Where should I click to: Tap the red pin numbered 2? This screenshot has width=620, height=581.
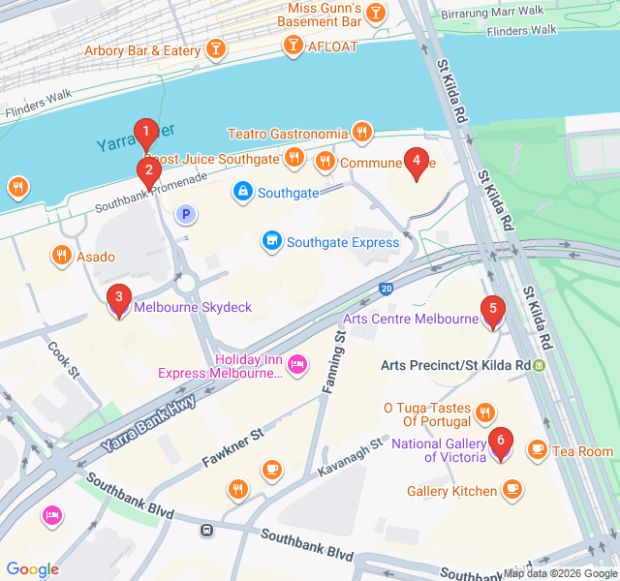click(148, 171)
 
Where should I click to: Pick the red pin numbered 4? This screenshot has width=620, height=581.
click(416, 163)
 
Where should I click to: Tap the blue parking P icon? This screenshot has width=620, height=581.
click(183, 213)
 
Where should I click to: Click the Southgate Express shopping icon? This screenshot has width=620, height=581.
click(273, 241)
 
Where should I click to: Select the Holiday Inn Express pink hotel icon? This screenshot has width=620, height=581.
click(297, 364)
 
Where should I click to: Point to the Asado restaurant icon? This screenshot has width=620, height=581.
click(61, 256)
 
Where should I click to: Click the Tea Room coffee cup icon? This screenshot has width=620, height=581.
click(537, 450)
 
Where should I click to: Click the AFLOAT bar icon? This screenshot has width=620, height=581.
click(294, 45)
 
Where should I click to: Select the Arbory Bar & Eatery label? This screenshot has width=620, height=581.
click(142, 50)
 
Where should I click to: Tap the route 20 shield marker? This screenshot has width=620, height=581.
click(387, 289)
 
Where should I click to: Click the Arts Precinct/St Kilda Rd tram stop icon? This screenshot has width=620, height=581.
click(540, 365)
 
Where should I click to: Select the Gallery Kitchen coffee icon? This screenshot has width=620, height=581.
click(512, 490)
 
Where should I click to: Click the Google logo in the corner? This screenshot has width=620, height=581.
click(33, 569)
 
